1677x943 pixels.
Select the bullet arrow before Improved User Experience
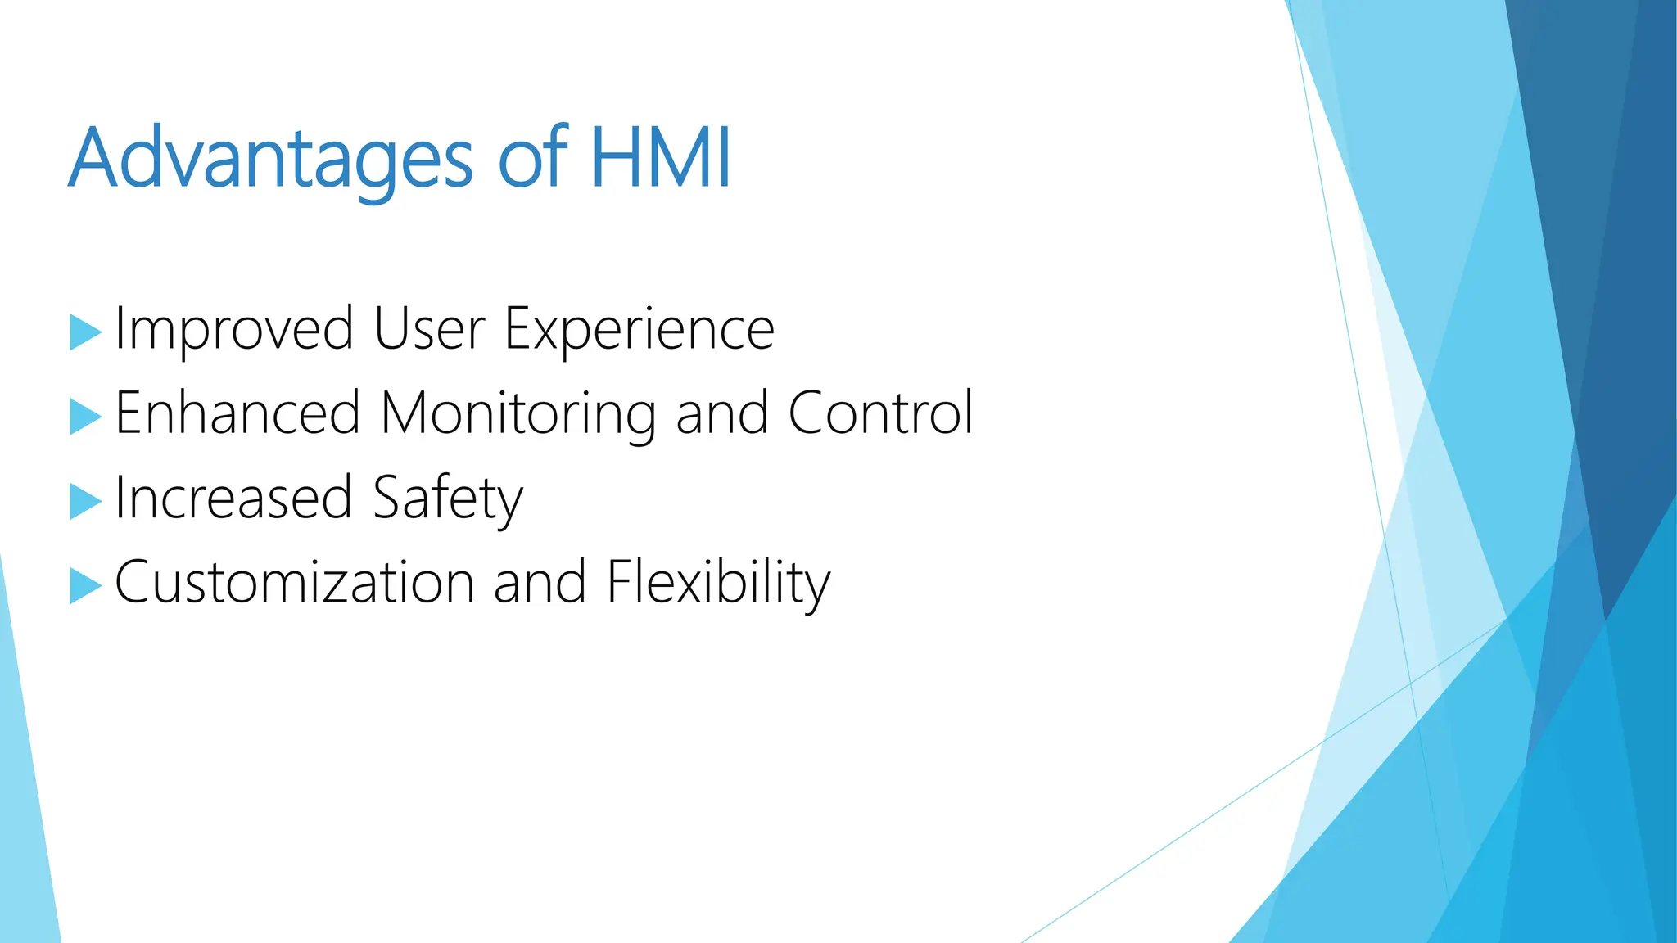pyautogui.click(x=84, y=332)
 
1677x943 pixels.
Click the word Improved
pyautogui.click(x=234, y=329)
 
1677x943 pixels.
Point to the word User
pyautogui.click(x=429, y=329)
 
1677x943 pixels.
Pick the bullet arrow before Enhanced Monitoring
pyautogui.click(x=84, y=417)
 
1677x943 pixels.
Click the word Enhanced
pyautogui.click(x=237, y=413)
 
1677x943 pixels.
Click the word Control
pyautogui.click(x=880, y=413)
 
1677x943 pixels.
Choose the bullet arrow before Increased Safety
pyautogui.click(x=84, y=501)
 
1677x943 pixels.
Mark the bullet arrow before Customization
pyautogui.click(x=84, y=585)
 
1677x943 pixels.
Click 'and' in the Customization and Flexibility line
pyautogui.click(x=540, y=583)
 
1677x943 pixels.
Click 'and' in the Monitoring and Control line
pyautogui.click(x=721, y=413)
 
